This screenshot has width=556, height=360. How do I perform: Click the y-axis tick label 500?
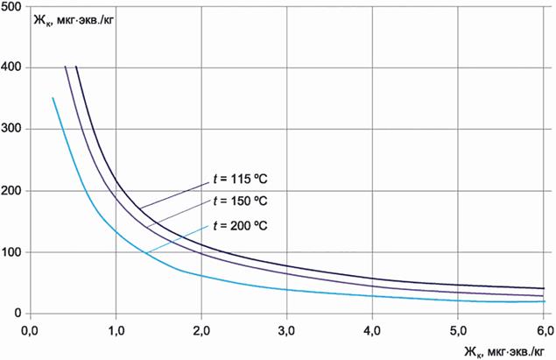(12, 6)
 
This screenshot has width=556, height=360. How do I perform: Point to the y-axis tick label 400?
(12, 67)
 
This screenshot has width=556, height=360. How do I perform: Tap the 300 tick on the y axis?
(12, 129)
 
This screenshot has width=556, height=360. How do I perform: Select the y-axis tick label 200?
(12, 190)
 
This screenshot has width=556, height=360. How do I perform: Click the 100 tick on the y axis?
(12, 252)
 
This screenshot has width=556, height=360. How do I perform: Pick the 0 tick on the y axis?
(19, 314)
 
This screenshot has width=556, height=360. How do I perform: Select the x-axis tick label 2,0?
(201, 330)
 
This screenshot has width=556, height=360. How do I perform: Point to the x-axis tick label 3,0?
(287, 330)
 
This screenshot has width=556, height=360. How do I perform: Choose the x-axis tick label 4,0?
(373, 330)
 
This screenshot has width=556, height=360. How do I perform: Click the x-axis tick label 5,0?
(459, 330)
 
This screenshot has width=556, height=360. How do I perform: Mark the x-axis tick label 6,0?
(544, 330)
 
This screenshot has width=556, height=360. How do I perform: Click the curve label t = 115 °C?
(240, 180)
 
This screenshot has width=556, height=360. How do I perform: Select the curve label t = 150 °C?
(240, 201)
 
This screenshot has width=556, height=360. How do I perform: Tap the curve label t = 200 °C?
(240, 225)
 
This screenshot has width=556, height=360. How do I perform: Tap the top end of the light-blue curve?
(53, 98)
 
